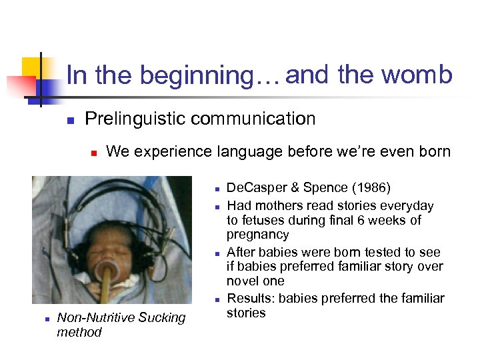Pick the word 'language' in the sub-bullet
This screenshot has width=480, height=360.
250,152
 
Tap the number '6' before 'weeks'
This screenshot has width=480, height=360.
364,220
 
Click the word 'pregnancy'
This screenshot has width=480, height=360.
258,235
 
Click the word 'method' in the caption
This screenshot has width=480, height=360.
79,332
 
